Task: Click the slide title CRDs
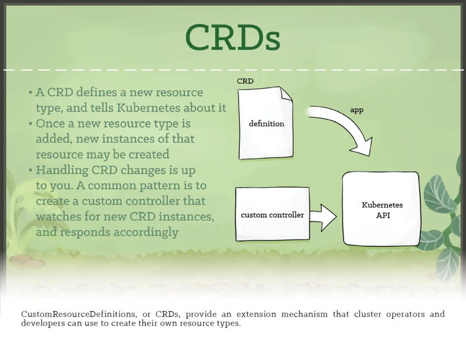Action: tap(232, 39)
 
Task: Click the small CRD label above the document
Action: tap(245, 81)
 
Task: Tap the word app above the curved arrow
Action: tap(357, 110)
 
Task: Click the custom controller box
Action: tap(272, 215)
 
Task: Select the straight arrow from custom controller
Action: tap(322, 215)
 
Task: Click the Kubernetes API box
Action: tap(382, 210)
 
